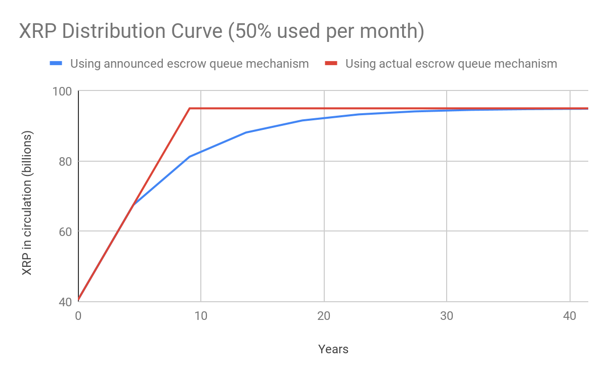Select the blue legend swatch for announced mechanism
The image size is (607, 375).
tap(56, 64)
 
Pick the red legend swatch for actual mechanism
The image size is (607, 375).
tap(331, 64)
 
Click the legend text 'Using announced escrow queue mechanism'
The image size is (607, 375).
tap(189, 64)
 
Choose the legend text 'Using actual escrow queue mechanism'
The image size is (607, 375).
tap(451, 64)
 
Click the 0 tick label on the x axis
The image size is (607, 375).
tap(78, 316)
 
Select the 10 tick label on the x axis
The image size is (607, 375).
tap(201, 316)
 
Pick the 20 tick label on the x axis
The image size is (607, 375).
tap(324, 316)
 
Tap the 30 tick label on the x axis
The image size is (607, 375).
tap(447, 316)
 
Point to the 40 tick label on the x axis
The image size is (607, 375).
tap(570, 316)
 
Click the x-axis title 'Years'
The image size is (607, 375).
tap(333, 349)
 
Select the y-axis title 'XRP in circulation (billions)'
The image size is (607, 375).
tap(27, 203)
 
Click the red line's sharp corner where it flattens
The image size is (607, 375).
tap(189, 108)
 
